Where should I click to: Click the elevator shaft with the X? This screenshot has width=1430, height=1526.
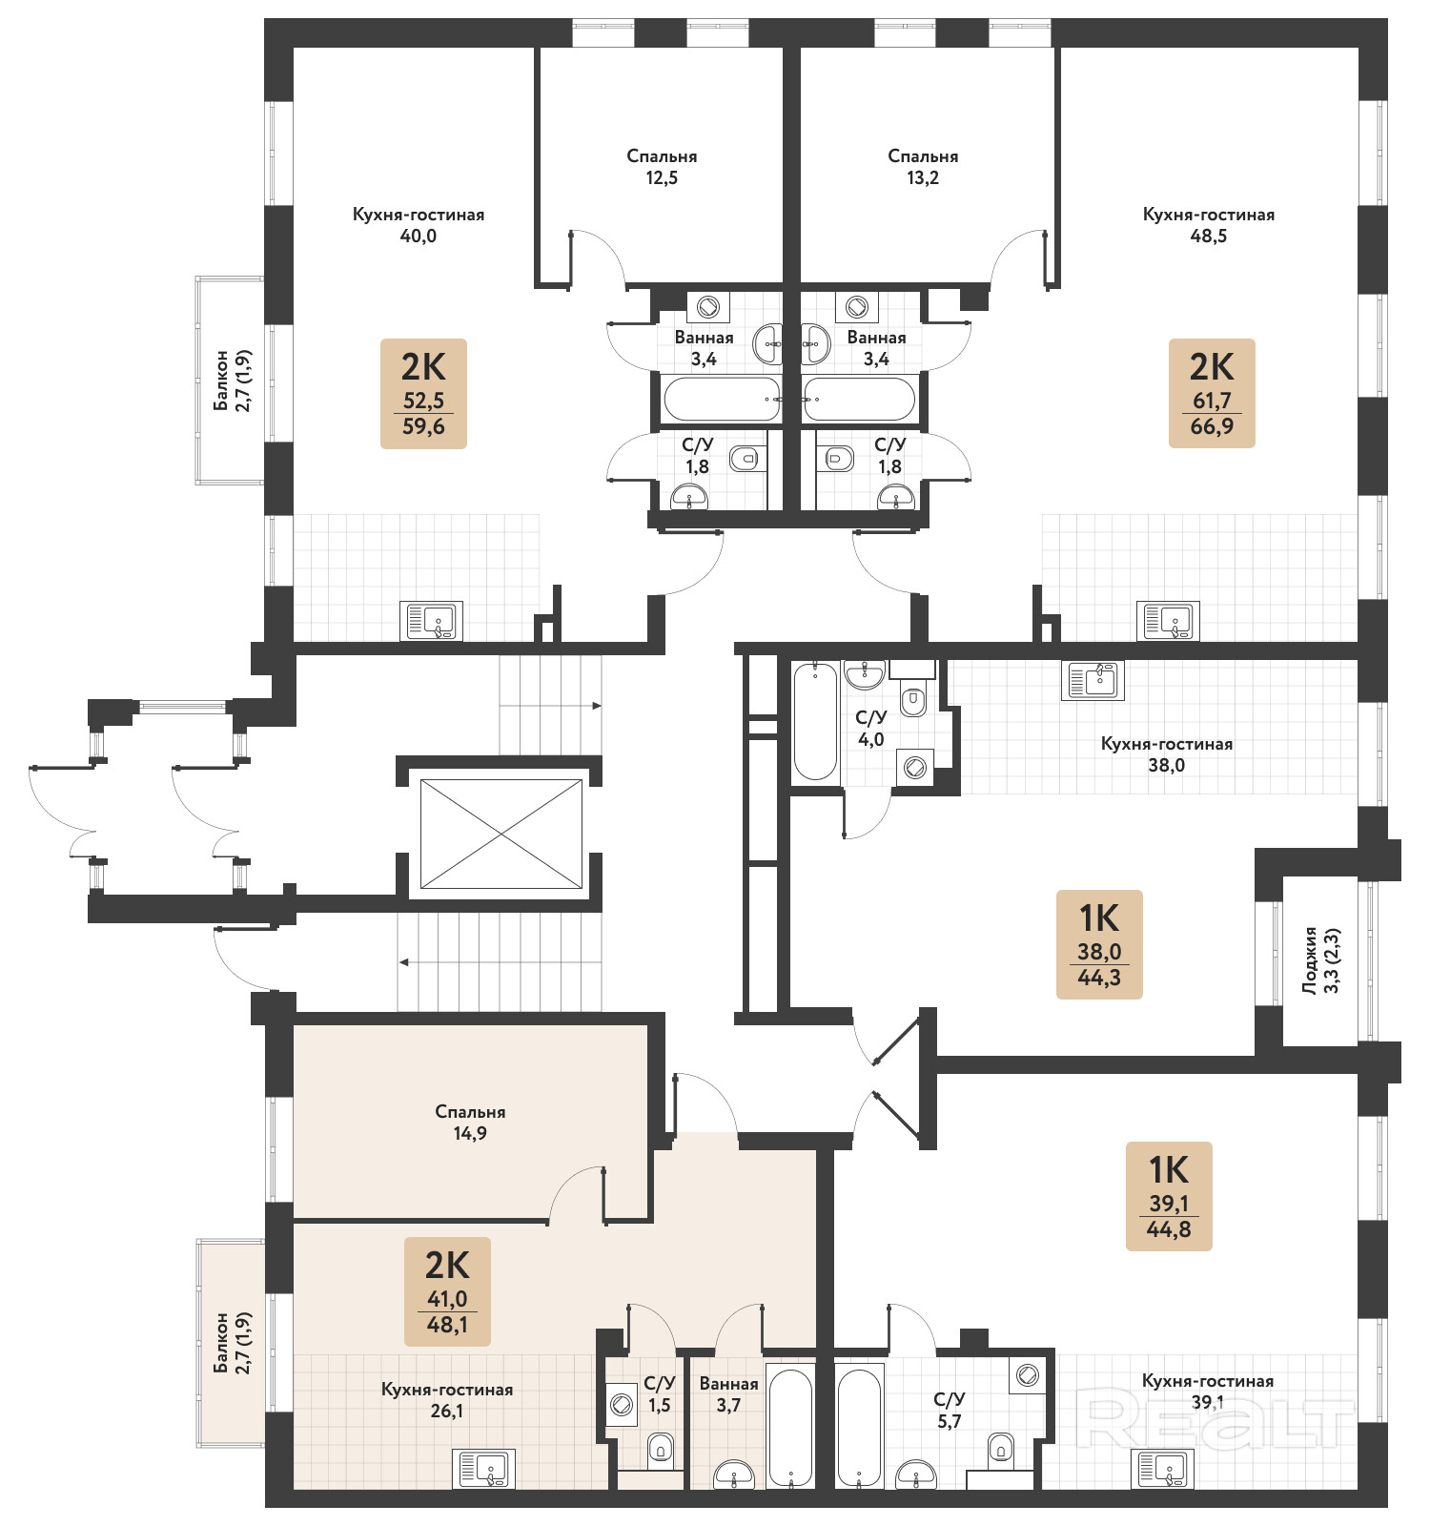point(501,834)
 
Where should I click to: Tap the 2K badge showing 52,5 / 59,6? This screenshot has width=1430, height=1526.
point(423,393)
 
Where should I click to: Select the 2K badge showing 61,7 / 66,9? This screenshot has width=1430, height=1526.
point(1212,393)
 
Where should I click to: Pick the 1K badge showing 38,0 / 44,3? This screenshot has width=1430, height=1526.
point(1099,944)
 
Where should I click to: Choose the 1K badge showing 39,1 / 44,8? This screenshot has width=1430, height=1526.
point(1169,1196)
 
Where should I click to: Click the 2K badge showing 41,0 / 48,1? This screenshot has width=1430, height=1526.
point(447,1291)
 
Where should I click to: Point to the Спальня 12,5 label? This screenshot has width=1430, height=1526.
point(662,167)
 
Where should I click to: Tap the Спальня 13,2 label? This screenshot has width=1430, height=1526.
point(923,167)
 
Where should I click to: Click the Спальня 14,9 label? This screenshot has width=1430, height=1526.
point(470,1123)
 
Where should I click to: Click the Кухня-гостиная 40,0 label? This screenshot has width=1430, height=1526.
point(419,225)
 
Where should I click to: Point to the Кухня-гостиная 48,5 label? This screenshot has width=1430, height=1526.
point(1209,225)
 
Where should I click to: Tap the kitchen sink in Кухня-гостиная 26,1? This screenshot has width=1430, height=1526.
point(483,1469)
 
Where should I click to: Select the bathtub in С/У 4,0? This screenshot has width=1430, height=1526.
point(816,721)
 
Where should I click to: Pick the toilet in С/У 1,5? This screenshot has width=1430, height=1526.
point(661,1451)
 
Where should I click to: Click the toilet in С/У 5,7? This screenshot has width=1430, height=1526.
point(1001,1447)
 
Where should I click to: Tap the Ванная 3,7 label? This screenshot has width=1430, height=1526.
point(728,1394)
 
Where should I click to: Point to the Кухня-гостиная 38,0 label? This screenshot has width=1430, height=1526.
point(1167,754)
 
